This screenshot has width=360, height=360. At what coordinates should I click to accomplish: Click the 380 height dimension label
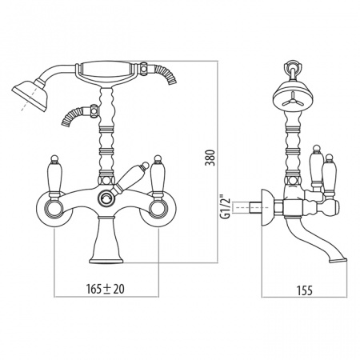tap(210, 158)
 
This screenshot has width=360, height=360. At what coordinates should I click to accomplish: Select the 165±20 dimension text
tap(106, 289)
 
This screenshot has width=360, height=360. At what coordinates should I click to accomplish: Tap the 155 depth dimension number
tap(304, 290)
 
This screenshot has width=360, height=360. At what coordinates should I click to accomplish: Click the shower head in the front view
tap(30, 95)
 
